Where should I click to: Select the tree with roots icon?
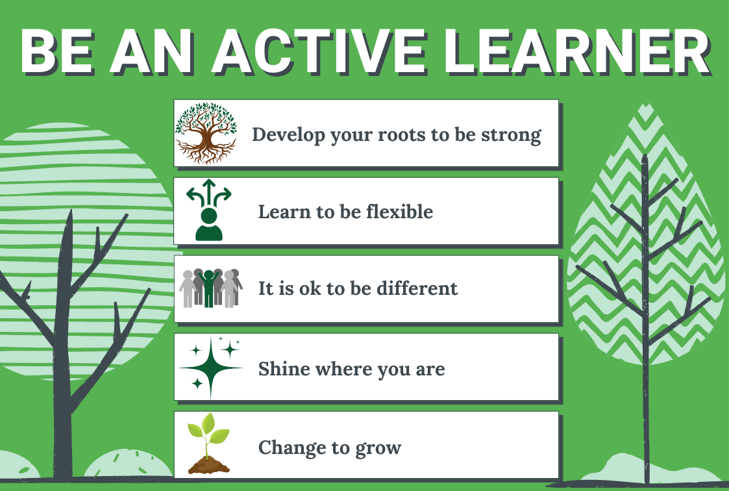[x=206, y=133]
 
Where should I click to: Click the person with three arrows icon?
[x=209, y=210]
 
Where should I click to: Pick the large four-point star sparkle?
[x=211, y=368]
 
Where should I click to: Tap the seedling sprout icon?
[x=208, y=444]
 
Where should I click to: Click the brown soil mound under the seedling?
[x=209, y=465]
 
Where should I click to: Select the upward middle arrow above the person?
[x=209, y=191]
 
